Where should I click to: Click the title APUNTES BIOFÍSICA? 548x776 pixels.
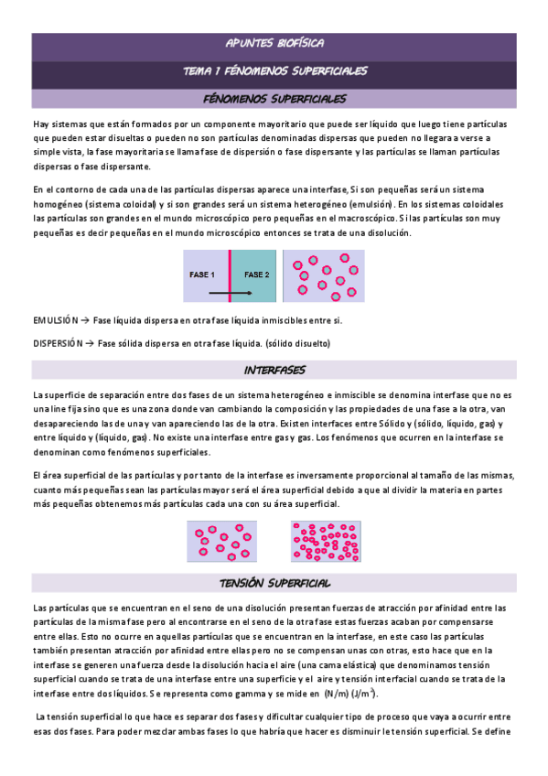point(274,43)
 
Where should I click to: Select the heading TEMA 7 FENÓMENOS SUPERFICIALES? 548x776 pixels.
point(274,70)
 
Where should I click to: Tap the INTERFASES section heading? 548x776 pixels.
point(274,370)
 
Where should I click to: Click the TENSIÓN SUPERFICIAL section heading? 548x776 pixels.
point(274,558)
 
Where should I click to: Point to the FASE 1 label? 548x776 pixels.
point(202,275)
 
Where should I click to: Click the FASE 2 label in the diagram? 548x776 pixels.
point(256,275)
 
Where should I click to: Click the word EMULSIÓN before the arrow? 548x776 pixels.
point(55,320)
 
